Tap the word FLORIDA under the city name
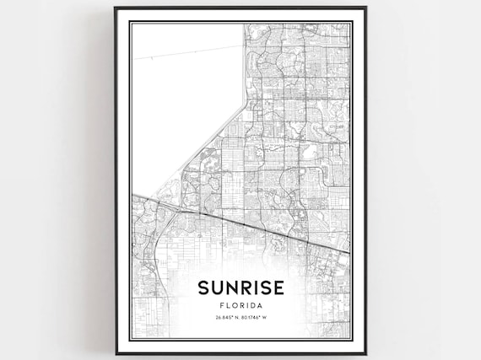[240, 304]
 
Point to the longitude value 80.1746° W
[258, 318]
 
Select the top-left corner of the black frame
[116, 8]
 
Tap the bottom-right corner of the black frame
[365, 354]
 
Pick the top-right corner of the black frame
[365, 8]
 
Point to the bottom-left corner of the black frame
[116, 354]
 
